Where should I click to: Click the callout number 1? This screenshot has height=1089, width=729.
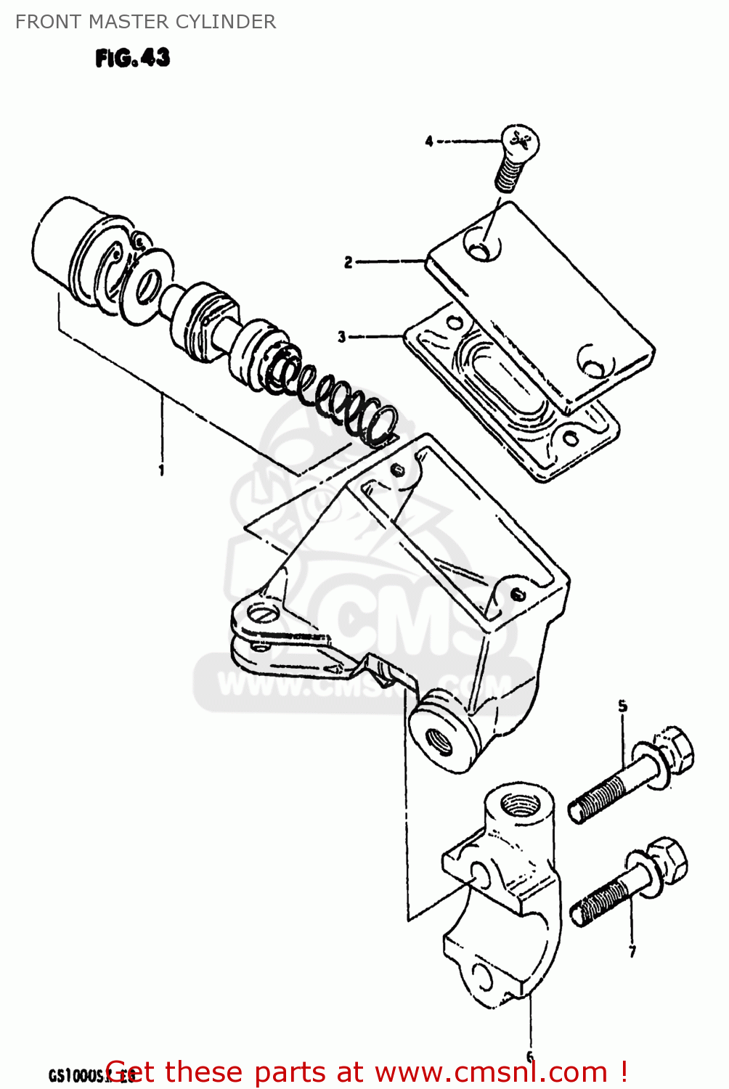point(161,470)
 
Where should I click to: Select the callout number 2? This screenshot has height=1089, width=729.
point(349,262)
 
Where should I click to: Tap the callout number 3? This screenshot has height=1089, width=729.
point(342,337)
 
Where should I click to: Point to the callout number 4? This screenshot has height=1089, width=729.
point(429,142)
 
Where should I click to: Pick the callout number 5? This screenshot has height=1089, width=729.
point(623,706)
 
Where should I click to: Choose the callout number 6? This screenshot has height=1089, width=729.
point(530,1056)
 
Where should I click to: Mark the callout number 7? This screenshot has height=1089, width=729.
point(632,951)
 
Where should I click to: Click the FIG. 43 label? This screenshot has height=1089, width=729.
point(133,58)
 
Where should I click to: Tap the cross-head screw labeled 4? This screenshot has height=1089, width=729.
point(516,156)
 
